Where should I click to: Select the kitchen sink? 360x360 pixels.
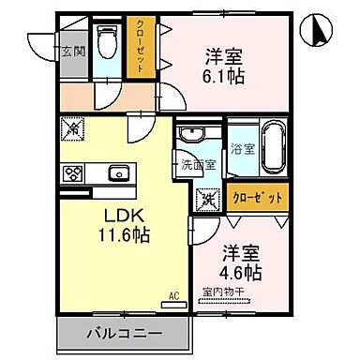[118, 172]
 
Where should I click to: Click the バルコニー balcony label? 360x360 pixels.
[122, 332]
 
